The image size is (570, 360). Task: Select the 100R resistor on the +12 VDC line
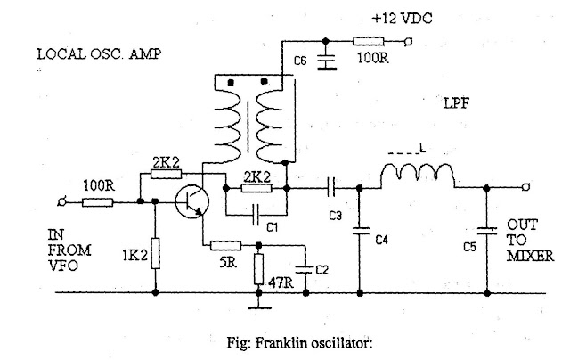point(368,40)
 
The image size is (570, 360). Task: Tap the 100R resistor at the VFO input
point(98,202)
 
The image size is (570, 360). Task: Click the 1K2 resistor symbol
point(155,252)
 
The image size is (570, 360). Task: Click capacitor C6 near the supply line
point(326,61)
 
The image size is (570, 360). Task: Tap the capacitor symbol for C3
point(331,189)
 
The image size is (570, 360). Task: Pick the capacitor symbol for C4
point(361,233)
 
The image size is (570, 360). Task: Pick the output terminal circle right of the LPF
point(528,188)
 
